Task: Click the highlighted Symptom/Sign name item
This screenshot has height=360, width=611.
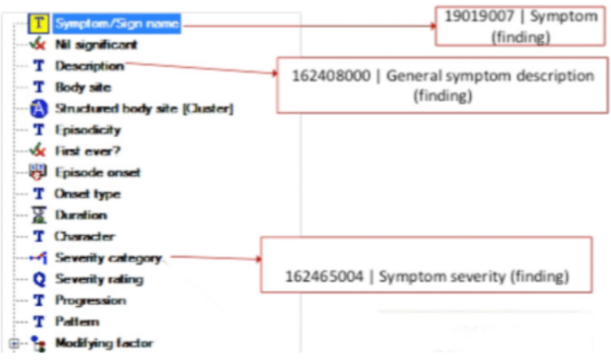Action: click(117, 24)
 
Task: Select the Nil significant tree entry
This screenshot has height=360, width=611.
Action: click(96, 44)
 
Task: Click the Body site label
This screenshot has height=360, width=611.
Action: click(83, 87)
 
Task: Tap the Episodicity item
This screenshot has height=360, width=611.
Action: click(88, 130)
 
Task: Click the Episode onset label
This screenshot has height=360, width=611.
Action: click(98, 172)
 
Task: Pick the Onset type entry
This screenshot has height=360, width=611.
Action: click(88, 194)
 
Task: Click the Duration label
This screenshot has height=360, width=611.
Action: click(81, 215)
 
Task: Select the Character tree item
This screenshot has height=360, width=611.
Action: click(85, 236)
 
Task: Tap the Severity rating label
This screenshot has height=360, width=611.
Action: click(99, 279)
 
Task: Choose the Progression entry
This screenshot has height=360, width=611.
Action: click(91, 300)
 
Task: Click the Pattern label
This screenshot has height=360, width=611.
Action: click(77, 321)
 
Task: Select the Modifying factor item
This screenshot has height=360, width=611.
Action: click(104, 343)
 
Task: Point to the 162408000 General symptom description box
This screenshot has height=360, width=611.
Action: click(442, 85)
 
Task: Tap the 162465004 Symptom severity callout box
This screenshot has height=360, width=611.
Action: click(427, 265)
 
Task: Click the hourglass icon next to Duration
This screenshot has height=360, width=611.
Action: click(39, 215)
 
